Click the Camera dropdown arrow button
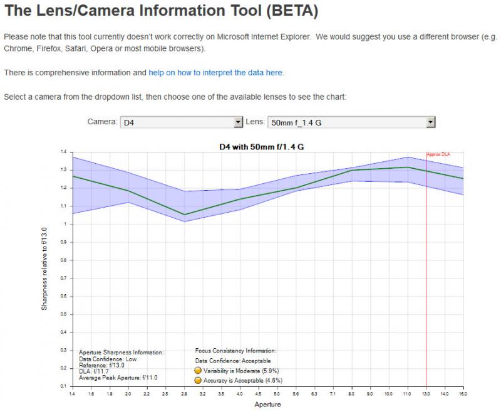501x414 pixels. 238,122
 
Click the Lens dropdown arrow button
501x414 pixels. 431,122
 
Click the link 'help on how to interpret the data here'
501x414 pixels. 215,73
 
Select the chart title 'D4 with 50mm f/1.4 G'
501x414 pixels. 261,147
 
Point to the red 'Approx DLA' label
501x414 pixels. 438,154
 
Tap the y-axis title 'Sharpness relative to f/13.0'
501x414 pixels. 44,268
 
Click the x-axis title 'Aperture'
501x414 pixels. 267,405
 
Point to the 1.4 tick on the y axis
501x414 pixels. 64,152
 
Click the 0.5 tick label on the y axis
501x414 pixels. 64,314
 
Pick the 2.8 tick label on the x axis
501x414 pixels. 184,394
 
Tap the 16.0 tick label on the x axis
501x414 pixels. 463,394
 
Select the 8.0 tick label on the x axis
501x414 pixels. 351,394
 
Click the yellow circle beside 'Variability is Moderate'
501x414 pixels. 198,371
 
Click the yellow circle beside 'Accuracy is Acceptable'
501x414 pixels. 198,380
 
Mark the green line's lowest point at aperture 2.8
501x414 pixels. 184,215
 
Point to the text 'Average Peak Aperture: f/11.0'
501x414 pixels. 118,378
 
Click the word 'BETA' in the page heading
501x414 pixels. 292,11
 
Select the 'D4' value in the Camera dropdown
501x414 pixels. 129,122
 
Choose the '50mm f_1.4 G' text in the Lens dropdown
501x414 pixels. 296,122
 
